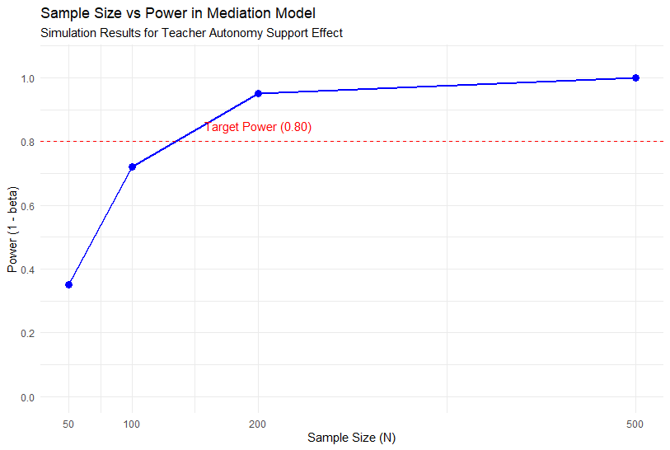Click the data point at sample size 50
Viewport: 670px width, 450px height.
point(69,284)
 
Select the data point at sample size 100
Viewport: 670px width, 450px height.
point(132,166)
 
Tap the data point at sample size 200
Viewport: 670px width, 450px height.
point(258,93)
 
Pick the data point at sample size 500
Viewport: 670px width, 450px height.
point(635,77)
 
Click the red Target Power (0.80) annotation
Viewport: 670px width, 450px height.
point(258,127)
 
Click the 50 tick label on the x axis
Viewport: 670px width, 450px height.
point(69,424)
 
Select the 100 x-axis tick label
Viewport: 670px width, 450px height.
point(132,424)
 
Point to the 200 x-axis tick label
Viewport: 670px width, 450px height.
point(258,424)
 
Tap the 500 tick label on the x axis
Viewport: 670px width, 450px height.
point(635,424)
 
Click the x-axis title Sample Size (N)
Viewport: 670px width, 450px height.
point(352,438)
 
